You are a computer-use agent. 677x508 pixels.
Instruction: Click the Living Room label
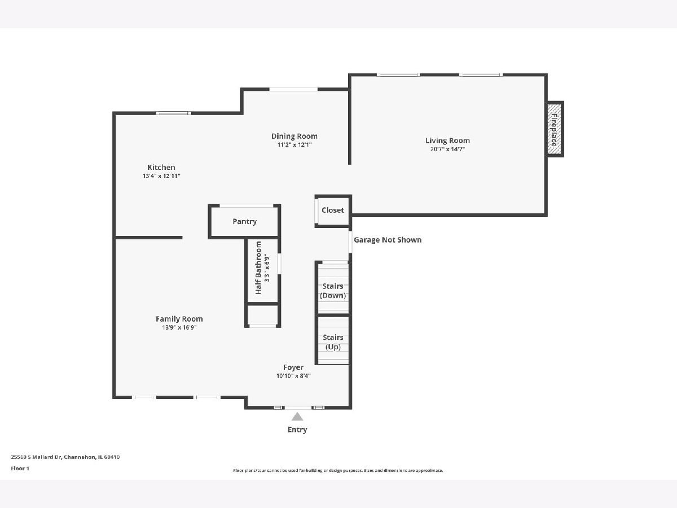point(447,141)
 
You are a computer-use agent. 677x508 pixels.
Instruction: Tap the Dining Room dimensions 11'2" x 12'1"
point(294,144)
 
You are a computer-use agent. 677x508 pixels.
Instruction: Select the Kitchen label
point(161,168)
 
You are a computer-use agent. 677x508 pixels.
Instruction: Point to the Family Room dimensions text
point(179,327)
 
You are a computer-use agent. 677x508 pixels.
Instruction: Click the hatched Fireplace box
point(554,129)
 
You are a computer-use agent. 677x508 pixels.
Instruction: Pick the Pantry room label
point(245,221)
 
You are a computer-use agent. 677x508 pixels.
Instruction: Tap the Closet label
point(333,211)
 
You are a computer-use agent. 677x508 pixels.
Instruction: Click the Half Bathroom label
point(258,268)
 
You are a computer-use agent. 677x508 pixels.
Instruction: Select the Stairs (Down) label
point(333,291)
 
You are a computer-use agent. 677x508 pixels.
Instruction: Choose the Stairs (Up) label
point(333,342)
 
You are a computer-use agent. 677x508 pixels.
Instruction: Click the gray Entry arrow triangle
point(297,417)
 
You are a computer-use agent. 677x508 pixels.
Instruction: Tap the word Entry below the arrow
point(297,430)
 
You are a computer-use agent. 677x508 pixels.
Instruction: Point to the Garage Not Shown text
point(388,240)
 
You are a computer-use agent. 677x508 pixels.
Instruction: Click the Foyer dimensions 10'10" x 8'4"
point(293,376)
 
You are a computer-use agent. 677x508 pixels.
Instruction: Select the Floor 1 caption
point(20,468)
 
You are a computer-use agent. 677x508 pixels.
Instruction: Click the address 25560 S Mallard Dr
point(37,457)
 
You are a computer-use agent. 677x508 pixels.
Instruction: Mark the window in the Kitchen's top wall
point(173,113)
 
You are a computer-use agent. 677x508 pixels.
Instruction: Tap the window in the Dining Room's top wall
point(293,89)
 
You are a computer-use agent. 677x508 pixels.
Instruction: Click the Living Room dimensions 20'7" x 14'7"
point(447,149)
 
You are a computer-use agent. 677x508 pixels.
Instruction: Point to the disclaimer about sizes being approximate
point(338,470)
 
